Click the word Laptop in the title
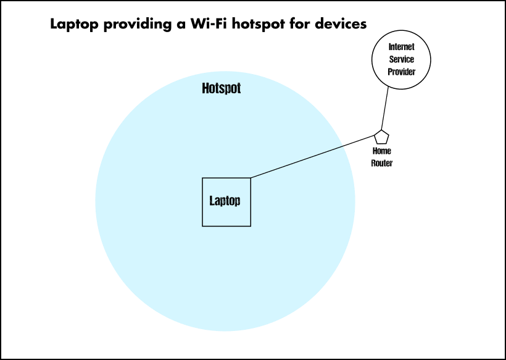click(74, 25)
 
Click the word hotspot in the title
click(258, 25)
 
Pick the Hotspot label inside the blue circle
click(222, 88)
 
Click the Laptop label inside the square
click(225, 201)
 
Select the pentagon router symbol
click(381, 137)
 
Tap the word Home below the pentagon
click(382, 151)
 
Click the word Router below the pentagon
click(382, 163)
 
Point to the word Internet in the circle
click(402, 47)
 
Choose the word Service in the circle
click(402, 59)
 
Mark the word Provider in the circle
click(402, 72)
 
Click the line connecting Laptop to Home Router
click(312, 157)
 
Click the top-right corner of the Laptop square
click(251, 178)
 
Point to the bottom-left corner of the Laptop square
click(202, 226)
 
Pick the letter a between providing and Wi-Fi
click(181, 25)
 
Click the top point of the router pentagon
click(381, 130)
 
